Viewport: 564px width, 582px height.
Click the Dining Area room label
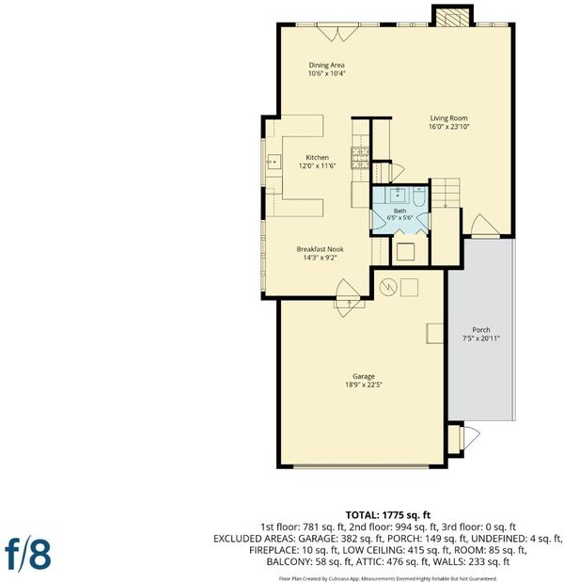point(326,65)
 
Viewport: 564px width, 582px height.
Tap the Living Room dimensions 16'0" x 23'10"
point(449,127)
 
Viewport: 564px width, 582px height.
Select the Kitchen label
point(318,157)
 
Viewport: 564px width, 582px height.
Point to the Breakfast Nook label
point(320,249)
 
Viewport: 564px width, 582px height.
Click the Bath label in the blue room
point(399,211)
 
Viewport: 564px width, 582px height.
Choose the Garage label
point(364,376)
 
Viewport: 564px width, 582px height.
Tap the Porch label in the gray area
point(481,330)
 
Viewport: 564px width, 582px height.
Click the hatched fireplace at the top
point(452,17)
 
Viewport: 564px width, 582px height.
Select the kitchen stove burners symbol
point(360,158)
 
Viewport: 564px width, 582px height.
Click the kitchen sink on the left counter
point(274,162)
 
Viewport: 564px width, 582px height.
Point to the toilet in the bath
point(419,197)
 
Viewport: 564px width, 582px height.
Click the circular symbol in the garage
point(388,287)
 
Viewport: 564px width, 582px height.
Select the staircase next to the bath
point(446,193)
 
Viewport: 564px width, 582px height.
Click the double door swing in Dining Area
point(337,33)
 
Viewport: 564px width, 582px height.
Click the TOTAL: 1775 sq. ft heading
point(388,515)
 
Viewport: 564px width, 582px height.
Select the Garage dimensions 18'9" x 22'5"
point(364,385)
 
